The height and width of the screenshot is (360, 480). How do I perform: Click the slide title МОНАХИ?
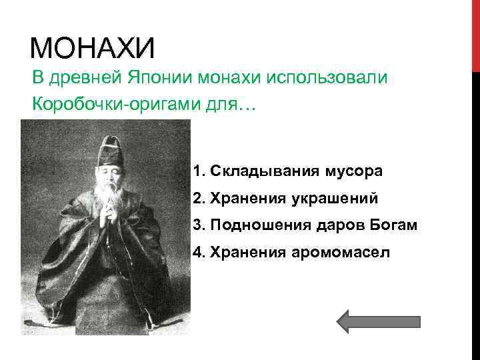[x=93, y=49]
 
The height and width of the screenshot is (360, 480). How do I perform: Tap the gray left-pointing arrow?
[x=378, y=321]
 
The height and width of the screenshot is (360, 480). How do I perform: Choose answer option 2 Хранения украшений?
[x=285, y=198]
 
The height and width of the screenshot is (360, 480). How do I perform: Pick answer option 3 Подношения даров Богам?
[x=305, y=225]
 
